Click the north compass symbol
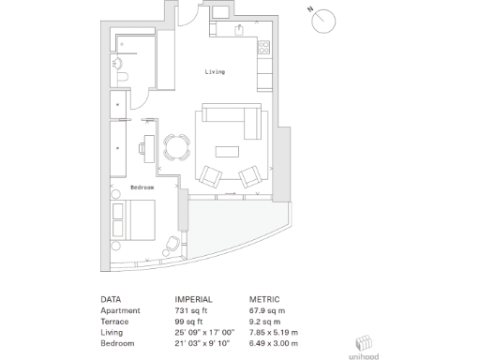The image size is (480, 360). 324,20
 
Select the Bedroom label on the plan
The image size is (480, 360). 142,187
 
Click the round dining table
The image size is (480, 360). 175,146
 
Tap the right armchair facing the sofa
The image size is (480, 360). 250,176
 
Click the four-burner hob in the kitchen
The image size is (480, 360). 263,46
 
